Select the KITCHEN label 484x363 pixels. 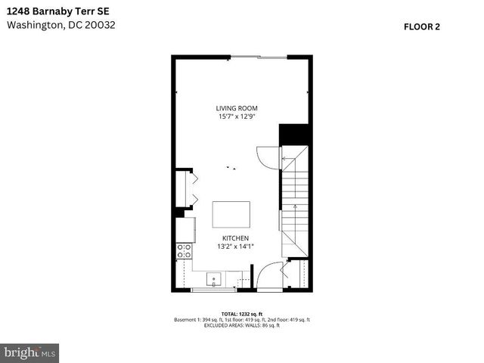point(234,237)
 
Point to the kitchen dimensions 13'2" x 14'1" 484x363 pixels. point(234,246)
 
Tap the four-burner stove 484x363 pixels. point(184,251)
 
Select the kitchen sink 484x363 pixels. point(214,279)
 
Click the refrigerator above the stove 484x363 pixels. point(185,229)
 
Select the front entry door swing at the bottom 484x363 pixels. point(268,275)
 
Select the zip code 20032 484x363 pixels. point(101,24)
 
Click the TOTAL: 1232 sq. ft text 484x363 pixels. point(241,313)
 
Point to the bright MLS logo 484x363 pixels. point(30,352)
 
